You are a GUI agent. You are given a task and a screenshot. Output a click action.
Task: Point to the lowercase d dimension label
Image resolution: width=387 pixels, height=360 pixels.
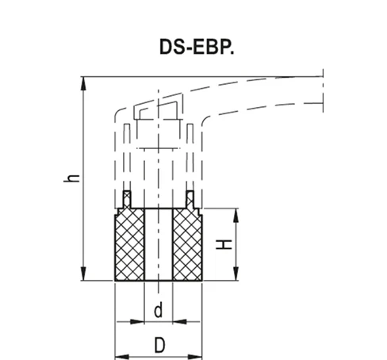[x=158, y=312]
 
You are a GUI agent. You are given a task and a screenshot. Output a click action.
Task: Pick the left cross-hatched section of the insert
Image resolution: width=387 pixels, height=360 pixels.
[x=131, y=245]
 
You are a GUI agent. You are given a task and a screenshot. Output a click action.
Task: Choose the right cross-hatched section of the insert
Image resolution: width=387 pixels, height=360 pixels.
[x=187, y=245]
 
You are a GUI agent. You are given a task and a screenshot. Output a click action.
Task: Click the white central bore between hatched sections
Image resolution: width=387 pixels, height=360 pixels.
[x=159, y=245]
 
